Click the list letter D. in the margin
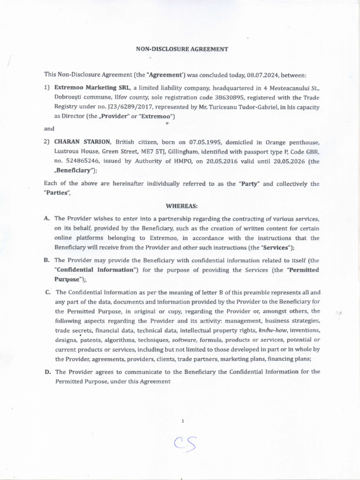[48, 372]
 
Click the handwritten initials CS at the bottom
[184, 442]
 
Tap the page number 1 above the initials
[182, 421]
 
